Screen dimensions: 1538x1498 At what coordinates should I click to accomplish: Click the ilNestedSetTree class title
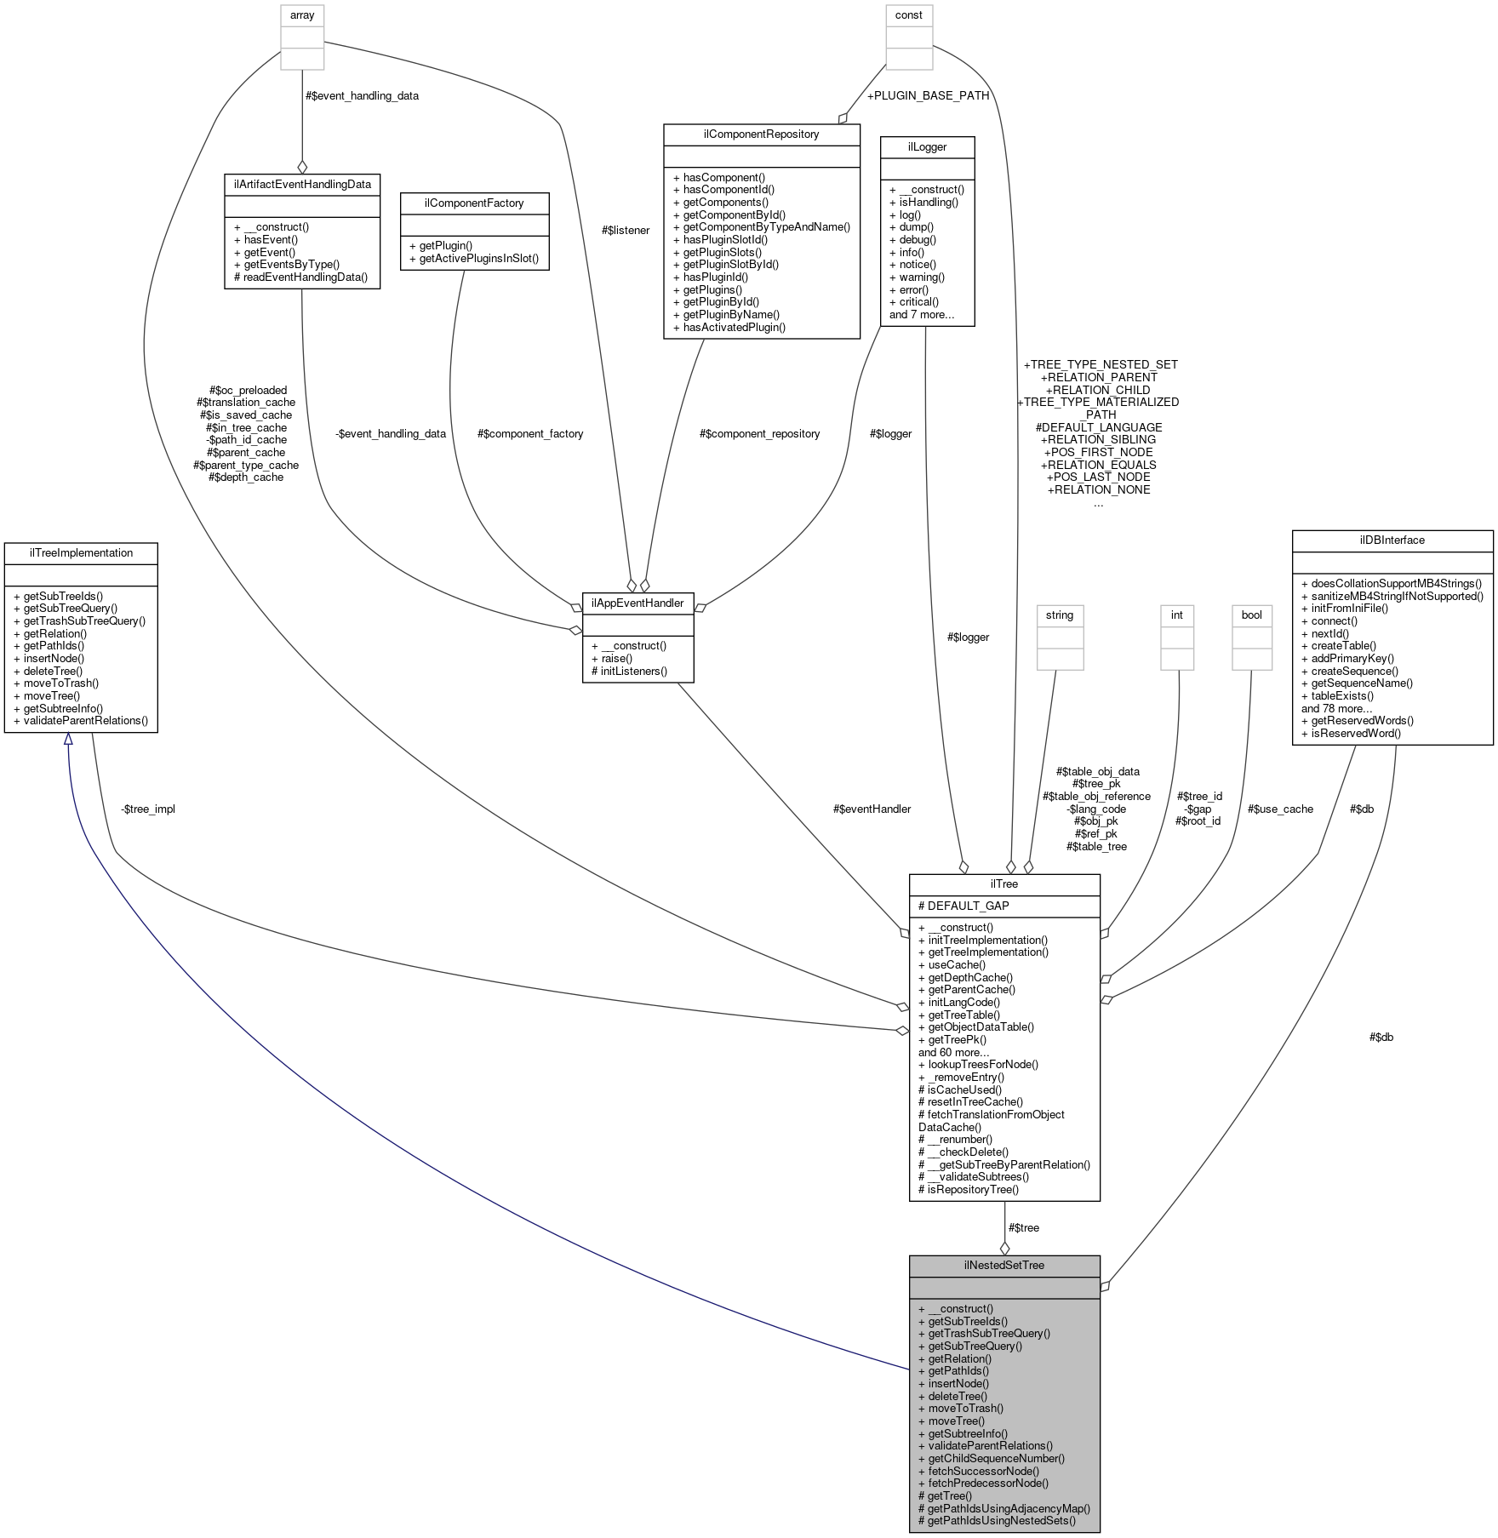pyautogui.click(x=1004, y=1265)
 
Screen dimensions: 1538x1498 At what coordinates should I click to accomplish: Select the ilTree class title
pyautogui.click(x=1004, y=884)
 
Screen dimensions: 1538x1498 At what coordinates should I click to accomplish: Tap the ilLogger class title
pyautogui.click(x=928, y=147)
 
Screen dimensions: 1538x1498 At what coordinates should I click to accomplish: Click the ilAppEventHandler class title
pyautogui.click(x=638, y=603)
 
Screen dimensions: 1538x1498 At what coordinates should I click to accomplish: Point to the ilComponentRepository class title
pyautogui.click(x=762, y=134)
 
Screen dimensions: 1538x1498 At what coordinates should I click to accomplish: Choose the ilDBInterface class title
pyautogui.click(x=1392, y=540)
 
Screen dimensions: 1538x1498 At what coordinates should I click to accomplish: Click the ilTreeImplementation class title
pyautogui.click(x=81, y=553)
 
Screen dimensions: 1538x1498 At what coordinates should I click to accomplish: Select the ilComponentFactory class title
pyautogui.click(x=474, y=203)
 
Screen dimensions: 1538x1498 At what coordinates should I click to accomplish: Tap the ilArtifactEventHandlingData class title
pyautogui.click(x=302, y=184)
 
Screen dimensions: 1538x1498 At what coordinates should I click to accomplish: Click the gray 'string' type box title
pyautogui.click(x=1060, y=615)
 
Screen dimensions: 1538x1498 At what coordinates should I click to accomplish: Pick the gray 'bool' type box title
pyautogui.click(x=1252, y=615)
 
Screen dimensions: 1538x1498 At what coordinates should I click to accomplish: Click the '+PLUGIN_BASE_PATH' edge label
pyautogui.click(x=928, y=95)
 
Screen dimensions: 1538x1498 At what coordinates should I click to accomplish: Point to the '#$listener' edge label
pyautogui.click(x=626, y=230)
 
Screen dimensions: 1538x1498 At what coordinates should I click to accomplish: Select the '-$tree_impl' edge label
pyautogui.click(x=148, y=809)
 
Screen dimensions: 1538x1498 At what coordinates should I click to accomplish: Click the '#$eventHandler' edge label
pyautogui.click(x=872, y=809)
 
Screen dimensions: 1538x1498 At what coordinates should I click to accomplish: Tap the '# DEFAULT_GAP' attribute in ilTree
pyautogui.click(x=963, y=906)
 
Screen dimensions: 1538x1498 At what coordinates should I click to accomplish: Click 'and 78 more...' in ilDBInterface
pyautogui.click(x=1336, y=708)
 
